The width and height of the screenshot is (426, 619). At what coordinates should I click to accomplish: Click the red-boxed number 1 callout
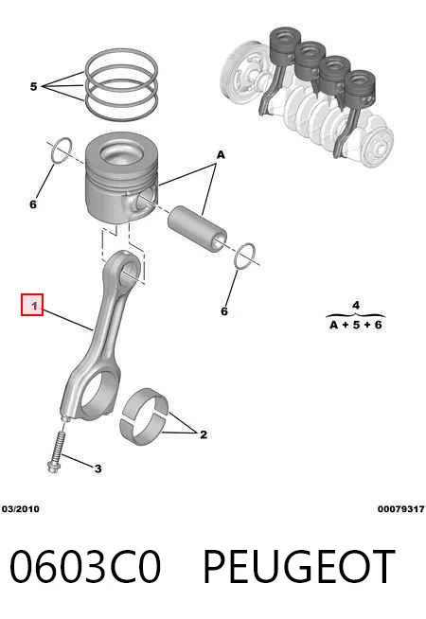tap(32, 305)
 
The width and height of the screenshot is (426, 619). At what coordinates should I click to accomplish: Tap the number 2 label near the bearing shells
tap(204, 434)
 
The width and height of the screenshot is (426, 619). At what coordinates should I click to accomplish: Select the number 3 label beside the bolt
tap(98, 469)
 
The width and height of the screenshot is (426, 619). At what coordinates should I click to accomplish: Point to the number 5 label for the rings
tap(33, 86)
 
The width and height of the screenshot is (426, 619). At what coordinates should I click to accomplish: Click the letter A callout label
tap(221, 155)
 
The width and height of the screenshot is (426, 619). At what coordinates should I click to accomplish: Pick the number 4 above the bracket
tap(356, 305)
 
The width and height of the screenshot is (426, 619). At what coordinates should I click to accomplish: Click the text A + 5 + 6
tap(356, 326)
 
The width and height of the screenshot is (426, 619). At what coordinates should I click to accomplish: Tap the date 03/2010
tap(21, 509)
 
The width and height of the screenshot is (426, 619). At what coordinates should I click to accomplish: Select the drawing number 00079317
tap(401, 509)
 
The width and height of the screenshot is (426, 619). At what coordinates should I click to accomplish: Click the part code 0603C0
tap(85, 567)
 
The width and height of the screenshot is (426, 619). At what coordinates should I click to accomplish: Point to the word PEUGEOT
tap(299, 567)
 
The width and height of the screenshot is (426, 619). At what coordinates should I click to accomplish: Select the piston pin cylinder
tap(198, 228)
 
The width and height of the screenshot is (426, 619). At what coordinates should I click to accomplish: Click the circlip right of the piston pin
tap(245, 256)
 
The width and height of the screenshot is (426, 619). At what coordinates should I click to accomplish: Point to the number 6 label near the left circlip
tap(33, 204)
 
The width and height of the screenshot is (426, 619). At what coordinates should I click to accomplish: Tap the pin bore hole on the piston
tap(147, 198)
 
